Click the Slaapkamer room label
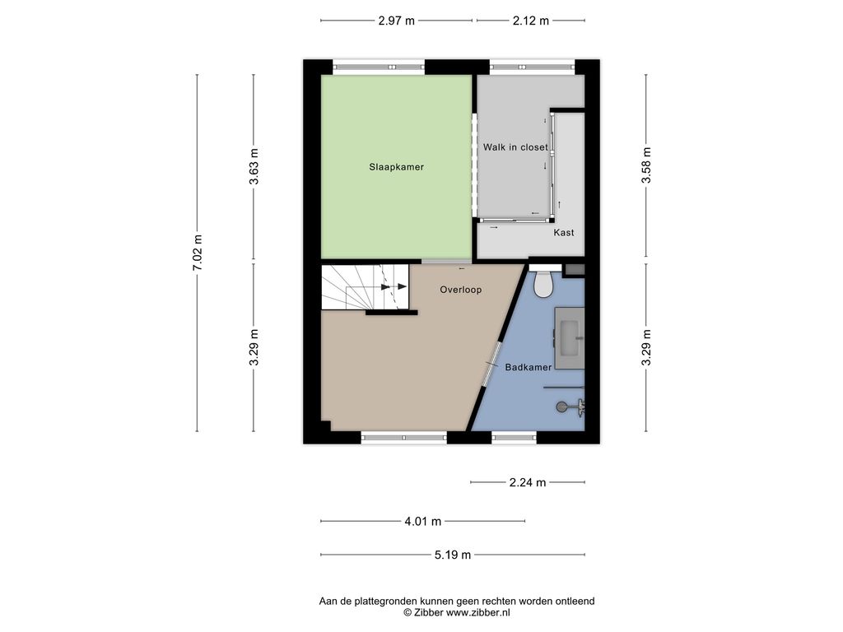point(396,167)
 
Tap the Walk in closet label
point(515,146)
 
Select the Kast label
point(563,232)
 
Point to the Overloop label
point(461,290)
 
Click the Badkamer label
point(528,367)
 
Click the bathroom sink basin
point(570,338)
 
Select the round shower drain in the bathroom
point(561,407)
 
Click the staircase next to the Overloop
point(365,287)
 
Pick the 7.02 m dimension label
point(198,253)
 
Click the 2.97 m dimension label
point(396,21)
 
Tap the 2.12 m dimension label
point(531,21)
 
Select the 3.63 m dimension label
point(254,166)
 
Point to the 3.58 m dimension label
point(645,165)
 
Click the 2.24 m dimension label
point(528,482)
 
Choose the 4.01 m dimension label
point(422,521)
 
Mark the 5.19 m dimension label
point(453,555)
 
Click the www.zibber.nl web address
point(478,612)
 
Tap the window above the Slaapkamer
point(379,67)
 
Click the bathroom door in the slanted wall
point(490,365)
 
